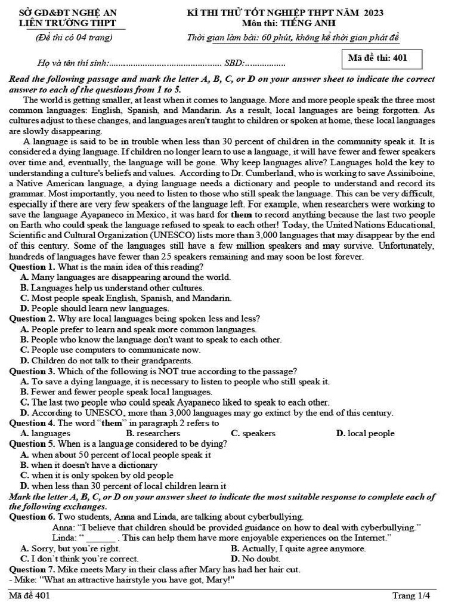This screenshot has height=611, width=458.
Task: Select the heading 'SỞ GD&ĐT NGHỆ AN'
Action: pos(69,13)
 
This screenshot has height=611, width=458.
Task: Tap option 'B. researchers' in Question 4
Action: pos(153,433)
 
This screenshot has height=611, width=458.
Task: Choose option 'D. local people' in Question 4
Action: pos(365,433)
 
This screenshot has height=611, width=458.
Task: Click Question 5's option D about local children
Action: pos(123,486)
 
